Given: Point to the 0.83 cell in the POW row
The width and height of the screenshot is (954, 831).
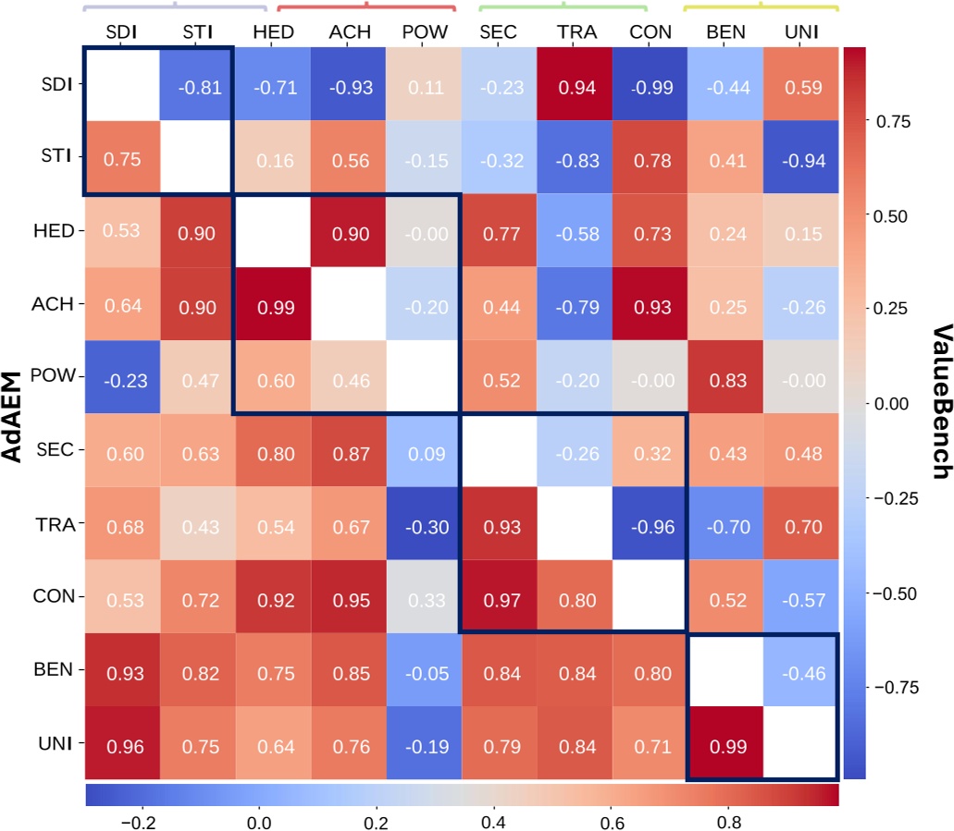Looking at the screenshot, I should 726,377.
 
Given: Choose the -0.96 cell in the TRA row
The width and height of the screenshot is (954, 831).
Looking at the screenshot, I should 650,524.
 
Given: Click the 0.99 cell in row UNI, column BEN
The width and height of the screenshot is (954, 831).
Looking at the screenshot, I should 726,743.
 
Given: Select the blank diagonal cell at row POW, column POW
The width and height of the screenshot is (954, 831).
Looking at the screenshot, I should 424,377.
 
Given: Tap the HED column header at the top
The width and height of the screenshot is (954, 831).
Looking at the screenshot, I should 273,32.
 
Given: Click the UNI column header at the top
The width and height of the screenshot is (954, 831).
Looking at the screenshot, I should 801,32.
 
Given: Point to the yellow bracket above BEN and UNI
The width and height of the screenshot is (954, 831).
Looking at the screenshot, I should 761,7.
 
